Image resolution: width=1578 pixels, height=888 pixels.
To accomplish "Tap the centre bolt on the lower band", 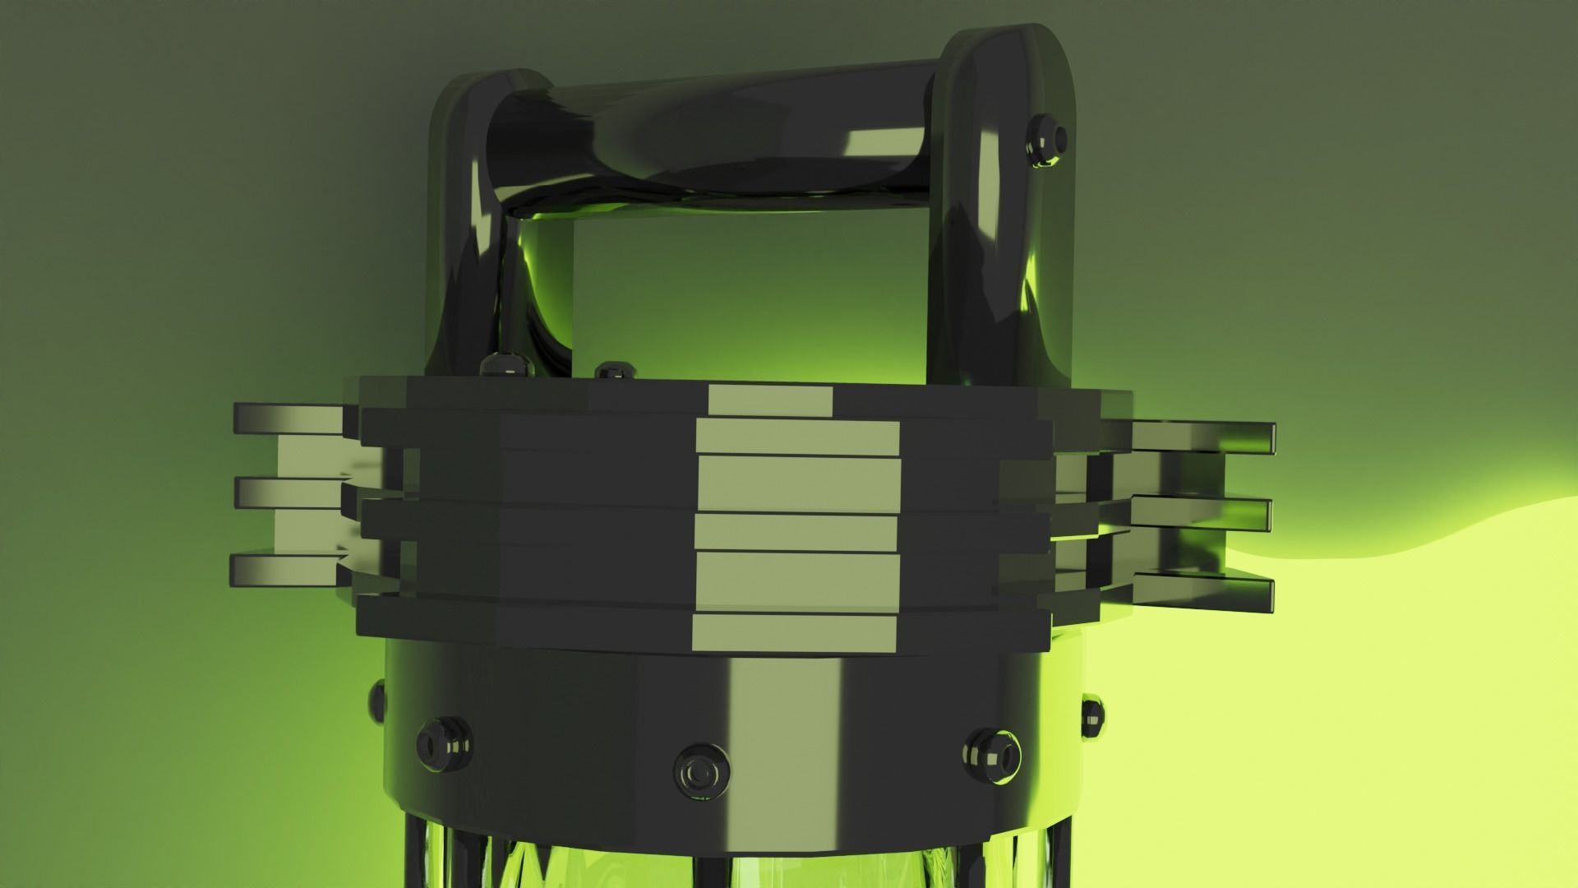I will click(x=701, y=771).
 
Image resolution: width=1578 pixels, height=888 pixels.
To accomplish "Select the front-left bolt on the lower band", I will click(x=444, y=746).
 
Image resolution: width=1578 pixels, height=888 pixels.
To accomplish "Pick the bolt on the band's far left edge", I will click(x=377, y=701).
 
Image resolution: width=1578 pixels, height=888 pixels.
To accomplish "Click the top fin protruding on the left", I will click(x=288, y=419).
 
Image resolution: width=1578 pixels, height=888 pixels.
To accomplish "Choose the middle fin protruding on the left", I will click(x=288, y=492).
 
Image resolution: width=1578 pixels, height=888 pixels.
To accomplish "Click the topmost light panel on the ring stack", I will click(x=770, y=401).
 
